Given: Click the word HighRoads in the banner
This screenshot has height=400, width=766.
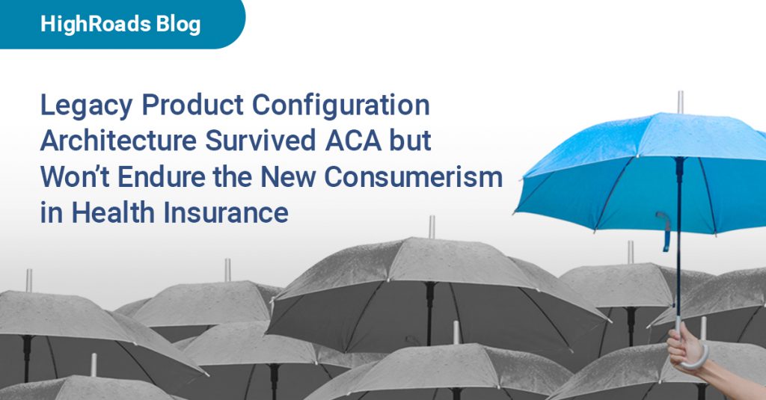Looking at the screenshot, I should (x=86, y=24).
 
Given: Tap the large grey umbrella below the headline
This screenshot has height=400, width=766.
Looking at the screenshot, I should (x=419, y=277).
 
